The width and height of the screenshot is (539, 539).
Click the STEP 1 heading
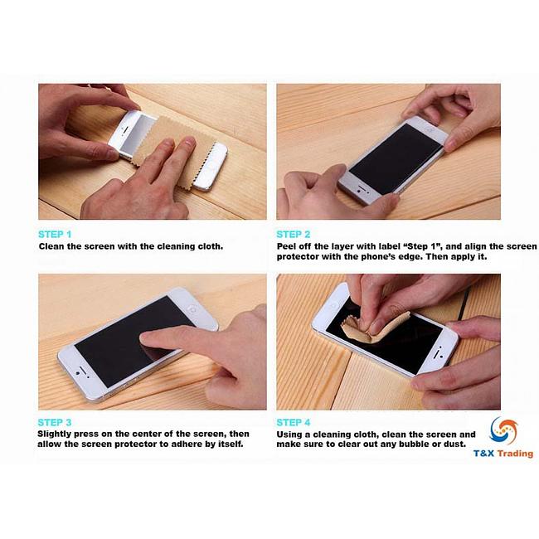pos(55,234)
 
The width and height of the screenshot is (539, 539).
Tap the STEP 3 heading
pos(55,422)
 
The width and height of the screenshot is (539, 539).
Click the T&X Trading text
pos(503,454)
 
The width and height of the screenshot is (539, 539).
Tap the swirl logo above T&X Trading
pos(503,430)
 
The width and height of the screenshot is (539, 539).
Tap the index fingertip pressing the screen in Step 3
pos(149,338)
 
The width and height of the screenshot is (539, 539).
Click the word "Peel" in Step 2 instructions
pos(287,246)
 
